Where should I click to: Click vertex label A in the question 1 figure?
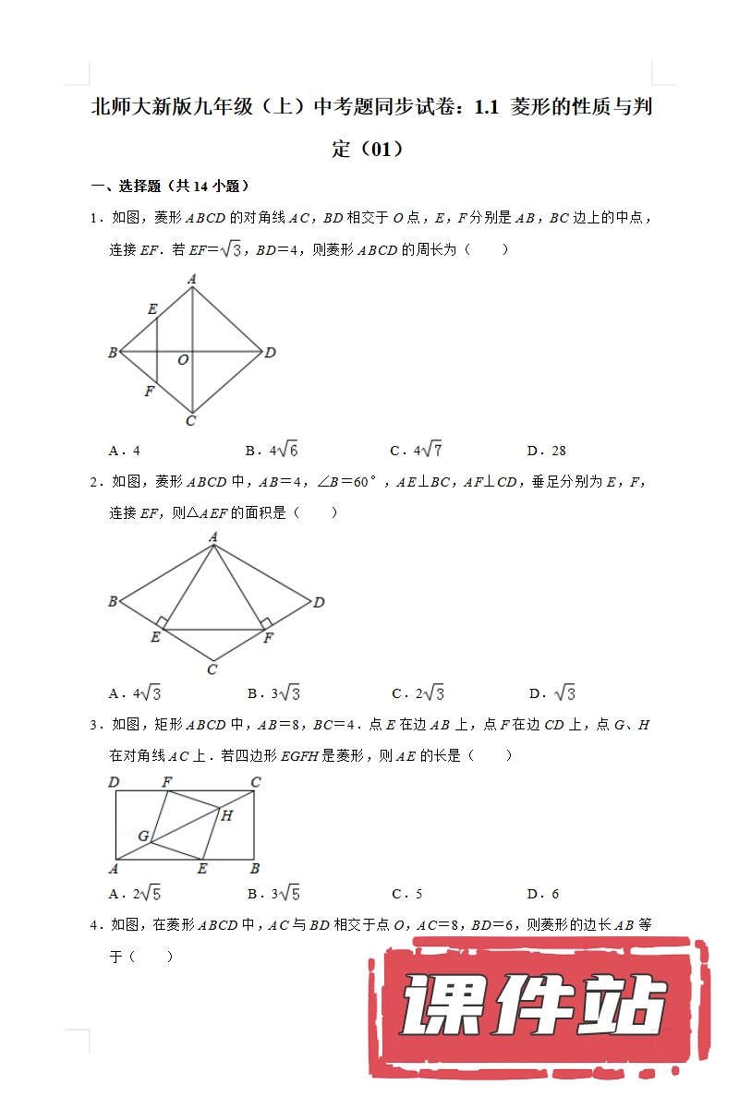pyautogui.click(x=192, y=277)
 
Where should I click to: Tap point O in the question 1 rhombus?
pyautogui.click(x=183, y=360)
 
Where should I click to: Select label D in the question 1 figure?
pyautogui.click(x=271, y=353)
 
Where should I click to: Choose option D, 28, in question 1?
pyautogui.click(x=547, y=451)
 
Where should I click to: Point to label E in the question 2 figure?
pyautogui.click(x=155, y=637)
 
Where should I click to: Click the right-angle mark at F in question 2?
pyautogui.click(x=265, y=623)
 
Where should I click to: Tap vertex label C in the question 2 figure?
pyautogui.click(x=212, y=669)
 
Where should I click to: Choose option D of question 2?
pyautogui.click(x=552, y=693)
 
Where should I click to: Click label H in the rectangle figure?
pyautogui.click(x=227, y=814)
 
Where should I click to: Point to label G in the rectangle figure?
pyautogui.click(x=143, y=836)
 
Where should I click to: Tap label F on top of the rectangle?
pyautogui.click(x=167, y=783)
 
